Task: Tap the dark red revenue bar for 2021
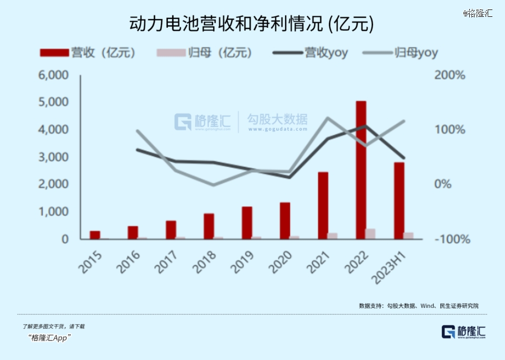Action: coord(323,205)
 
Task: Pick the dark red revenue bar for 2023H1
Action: coord(399,201)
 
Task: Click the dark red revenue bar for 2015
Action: coord(95,235)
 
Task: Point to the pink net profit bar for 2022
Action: coord(370,234)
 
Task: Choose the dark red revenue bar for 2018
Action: coord(209,226)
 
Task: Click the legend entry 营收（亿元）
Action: coord(88,53)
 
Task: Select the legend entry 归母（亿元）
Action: coord(205,53)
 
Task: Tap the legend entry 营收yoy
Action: coord(310,53)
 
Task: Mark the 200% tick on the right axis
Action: coord(450,75)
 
